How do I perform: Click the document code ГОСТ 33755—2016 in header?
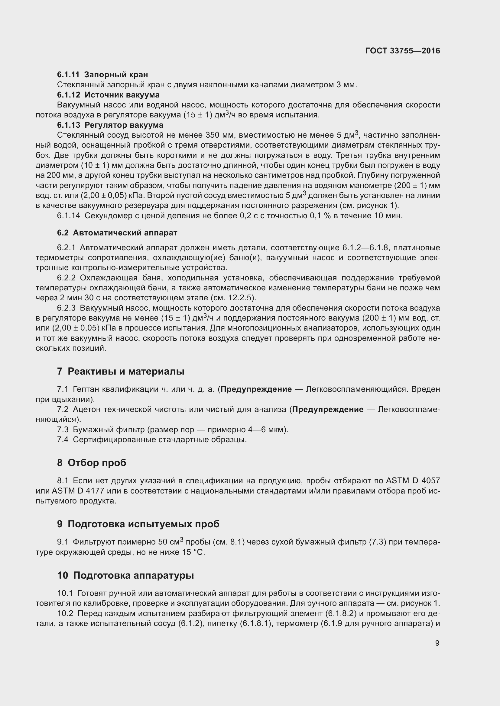click(x=402, y=51)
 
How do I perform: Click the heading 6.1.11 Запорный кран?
click(x=102, y=75)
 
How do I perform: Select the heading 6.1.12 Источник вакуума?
click(x=108, y=95)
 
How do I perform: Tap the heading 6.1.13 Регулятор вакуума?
click(x=110, y=125)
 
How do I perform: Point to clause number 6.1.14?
click(x=68, y=216)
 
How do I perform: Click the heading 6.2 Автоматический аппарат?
click(x=117, y=233)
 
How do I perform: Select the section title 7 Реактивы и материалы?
click(x=121, y=372)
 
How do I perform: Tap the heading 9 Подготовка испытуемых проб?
click(x=138, y=524)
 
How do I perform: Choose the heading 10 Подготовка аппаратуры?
click(x=125, y=575)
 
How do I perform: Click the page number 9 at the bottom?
click(x=437, y=643)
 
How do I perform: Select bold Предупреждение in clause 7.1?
click(x=256, y=389)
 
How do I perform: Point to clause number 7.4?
click(x=63, y=439)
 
